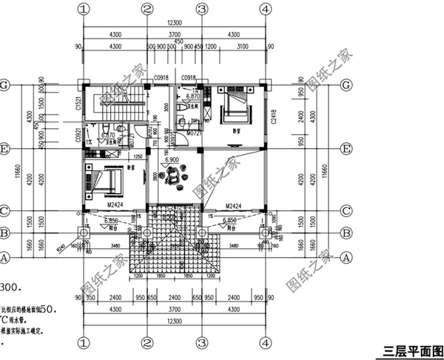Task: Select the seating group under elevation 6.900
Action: tap(176, 177)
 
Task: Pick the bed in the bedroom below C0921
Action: tap(104, 181)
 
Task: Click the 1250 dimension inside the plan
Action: tap(137, 156)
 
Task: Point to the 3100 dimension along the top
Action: tap(242, 47)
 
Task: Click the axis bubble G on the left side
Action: tap(5, 84)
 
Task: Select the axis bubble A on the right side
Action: tap(346, 258)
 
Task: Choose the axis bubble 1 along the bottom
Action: tap(84, 343)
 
